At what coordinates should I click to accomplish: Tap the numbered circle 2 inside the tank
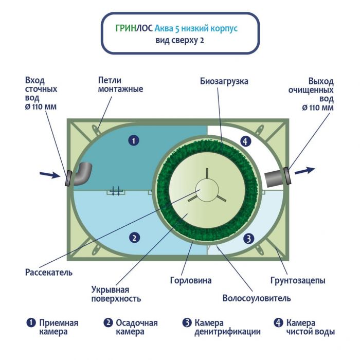point(134,238)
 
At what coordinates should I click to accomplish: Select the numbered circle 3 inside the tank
point(248,238)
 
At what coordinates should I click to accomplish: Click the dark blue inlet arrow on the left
point(49,175)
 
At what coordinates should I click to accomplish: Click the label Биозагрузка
point(224,81)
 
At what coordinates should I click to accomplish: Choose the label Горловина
point(190,281)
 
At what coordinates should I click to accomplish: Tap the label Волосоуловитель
point(257,298)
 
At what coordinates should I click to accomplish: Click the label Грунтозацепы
point(298,281)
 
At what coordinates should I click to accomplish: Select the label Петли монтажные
point(120,85)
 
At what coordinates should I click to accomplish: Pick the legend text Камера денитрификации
point(227,327)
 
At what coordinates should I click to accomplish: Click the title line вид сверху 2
point(179,41)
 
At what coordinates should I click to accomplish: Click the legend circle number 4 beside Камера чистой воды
point(278,323)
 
